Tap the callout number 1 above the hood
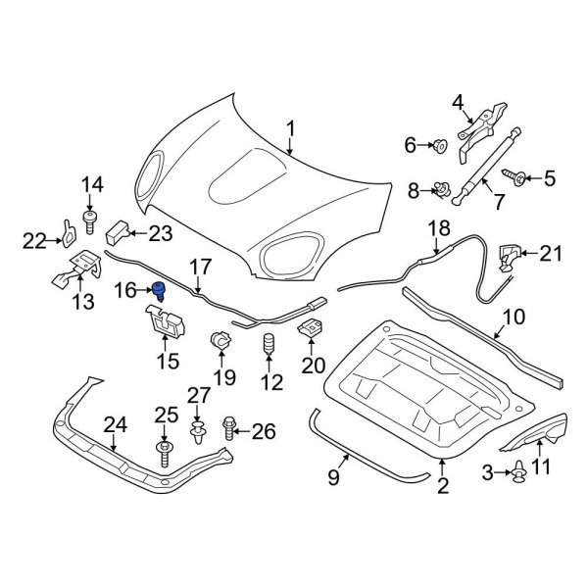pyautogui.click(x=290, y=128)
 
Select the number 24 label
pyautogui.click(x=116, y=424)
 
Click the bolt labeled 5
pyautogui.click(x=514, y=177)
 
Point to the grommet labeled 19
pyautogui.click(x=220, y=343)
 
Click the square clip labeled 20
pyautogui.click(x=311, y=330)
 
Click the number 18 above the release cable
pyautogui.click(x=438, y=228)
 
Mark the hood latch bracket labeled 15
pyautogui.click(x=166, y=321)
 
